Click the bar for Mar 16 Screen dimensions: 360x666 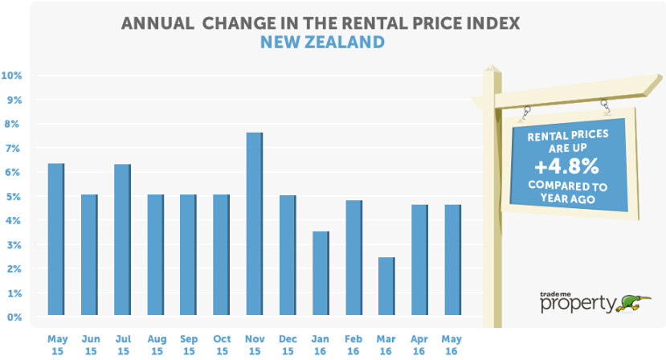pyautogui.click(x=386, y=286)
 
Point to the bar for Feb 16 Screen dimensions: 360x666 pyautogui.click(x=353, y=257)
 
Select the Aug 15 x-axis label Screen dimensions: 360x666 pyautogui.click(x=155, y=346)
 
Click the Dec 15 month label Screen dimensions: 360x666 pyautogui.click(x=287, y=346)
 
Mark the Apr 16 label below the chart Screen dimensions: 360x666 pyautogui.click(x=419, y=346)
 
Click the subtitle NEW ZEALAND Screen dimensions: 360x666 pyautogui.click(x=322, y=41)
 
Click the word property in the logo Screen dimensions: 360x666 pyautogui.click(x=578, y=305)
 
